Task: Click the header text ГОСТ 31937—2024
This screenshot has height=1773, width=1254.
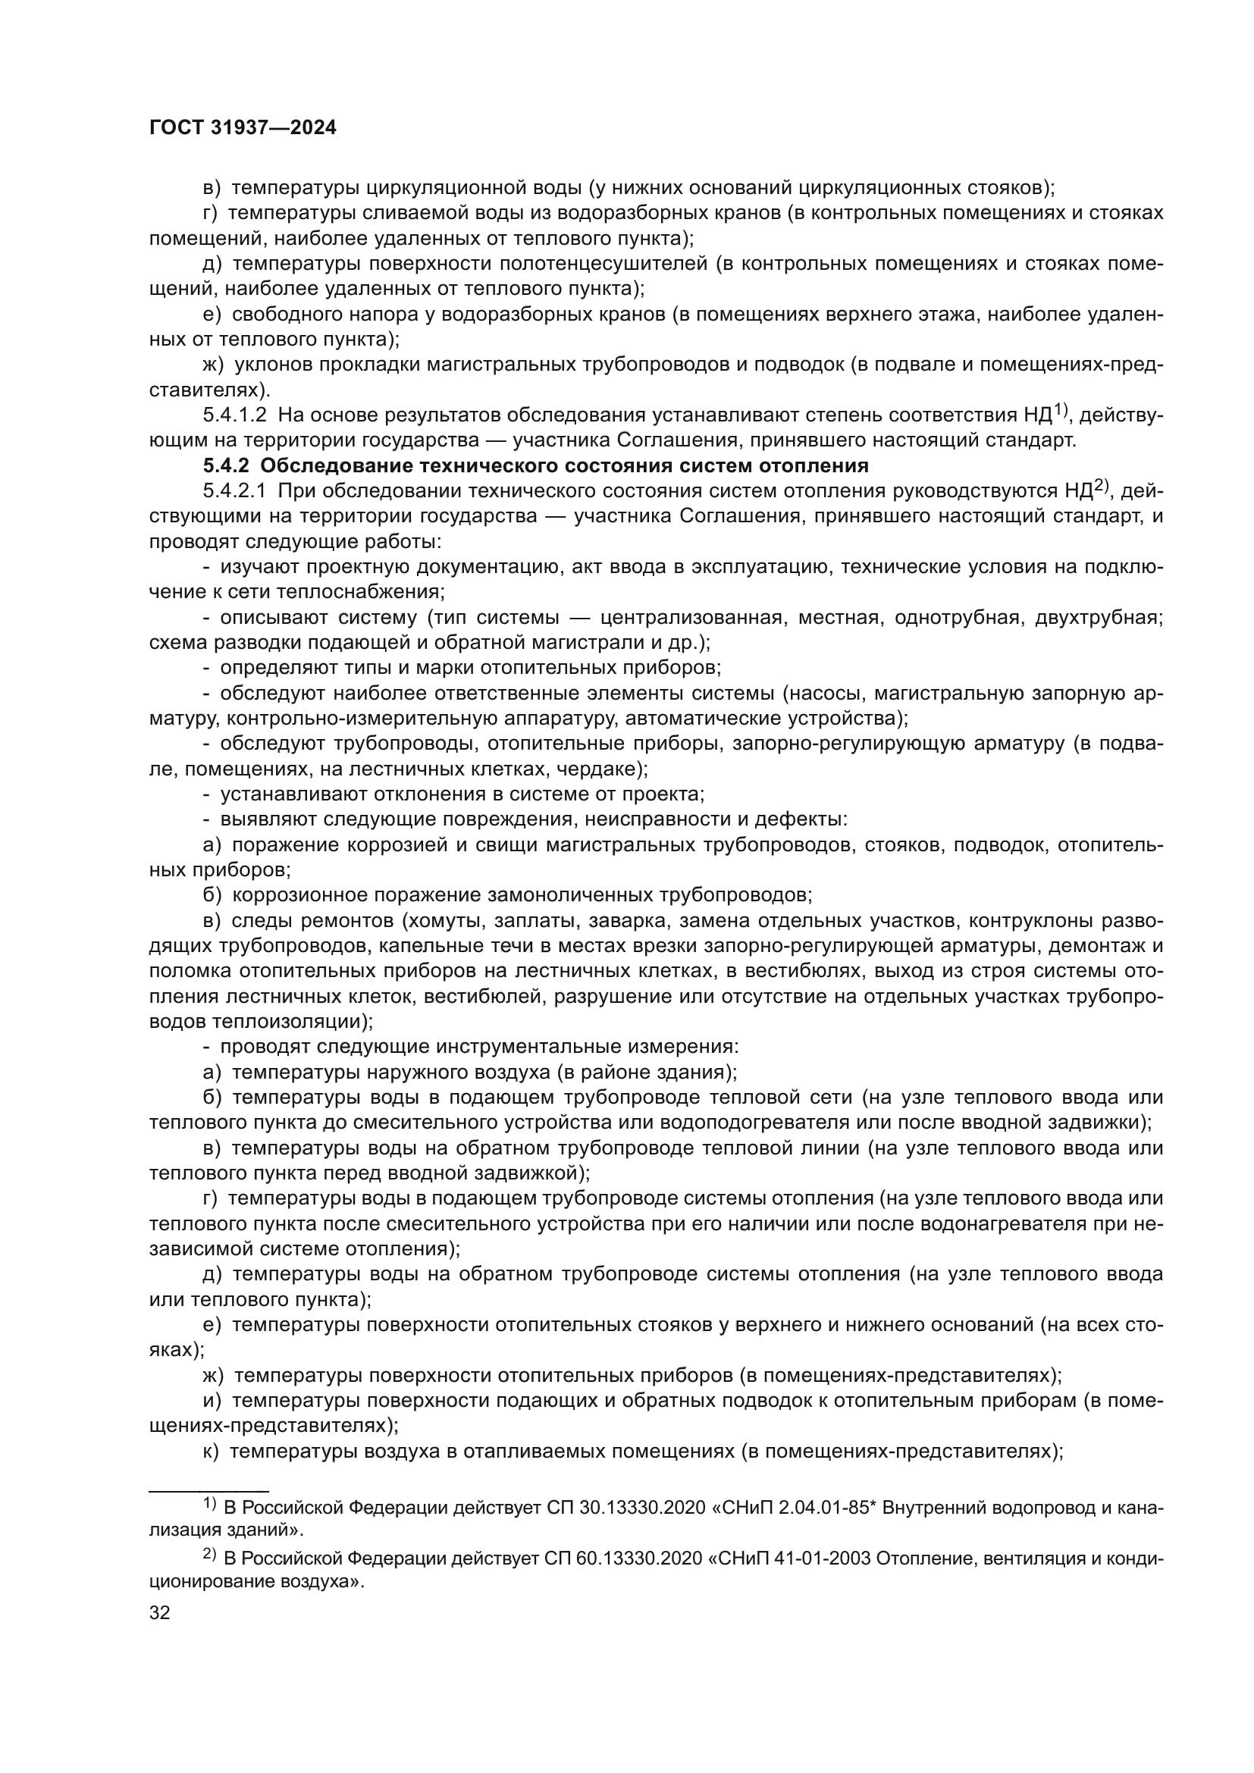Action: [243, 128]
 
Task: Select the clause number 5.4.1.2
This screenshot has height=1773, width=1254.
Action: [235, 415]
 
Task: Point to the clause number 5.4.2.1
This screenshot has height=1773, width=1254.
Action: [235, 491]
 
